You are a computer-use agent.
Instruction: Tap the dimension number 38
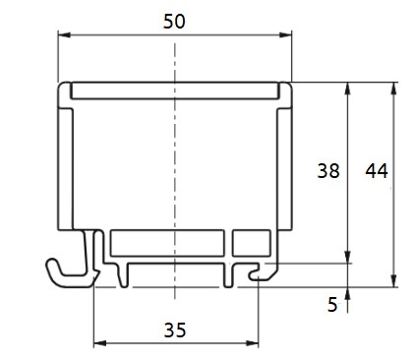click(328, 171)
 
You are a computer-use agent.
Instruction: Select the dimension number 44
click(377, 171)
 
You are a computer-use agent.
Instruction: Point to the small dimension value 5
click(332, 305)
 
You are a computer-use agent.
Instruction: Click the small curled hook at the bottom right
click(258, 276)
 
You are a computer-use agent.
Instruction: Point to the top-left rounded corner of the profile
click(65, 87)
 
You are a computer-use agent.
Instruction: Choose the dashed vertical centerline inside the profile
click(174, 167)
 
